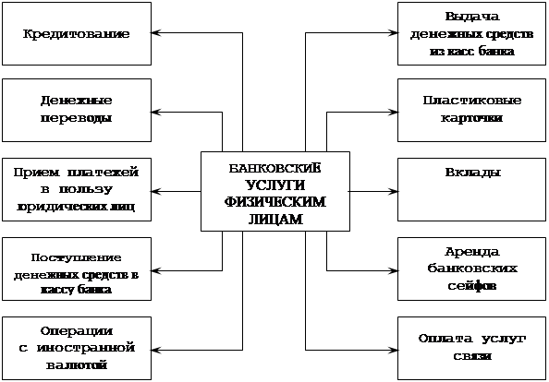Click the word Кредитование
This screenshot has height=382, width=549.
(x=77, y=34)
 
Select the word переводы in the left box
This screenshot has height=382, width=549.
(x=77, y=118)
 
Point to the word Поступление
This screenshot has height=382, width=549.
(x=77, y=258)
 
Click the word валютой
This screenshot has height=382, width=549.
(x=77, y=365)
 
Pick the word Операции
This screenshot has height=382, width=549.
(x=77, y=331)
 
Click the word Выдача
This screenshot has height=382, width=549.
(x=472, y=17)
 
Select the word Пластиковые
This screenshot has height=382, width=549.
(x=472, y=101)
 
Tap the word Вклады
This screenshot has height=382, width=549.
(x=472, y=173)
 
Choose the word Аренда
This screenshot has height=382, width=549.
(x=472, y=252)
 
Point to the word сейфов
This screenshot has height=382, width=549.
(x=472, y=286)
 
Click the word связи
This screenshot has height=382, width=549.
(x=472, y=356)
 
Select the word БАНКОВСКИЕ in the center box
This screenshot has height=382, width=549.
(x=274, y=169)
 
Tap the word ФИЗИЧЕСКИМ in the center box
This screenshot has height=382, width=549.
(x=275, y=202)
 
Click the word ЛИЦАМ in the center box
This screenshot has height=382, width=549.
(x=275, y=219)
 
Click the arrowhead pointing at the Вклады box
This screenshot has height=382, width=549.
(x=393, y=192)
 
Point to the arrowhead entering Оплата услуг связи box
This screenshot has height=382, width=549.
(x=393, y=350)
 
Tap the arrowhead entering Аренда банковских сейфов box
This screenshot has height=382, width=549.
(x=393, y=270)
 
